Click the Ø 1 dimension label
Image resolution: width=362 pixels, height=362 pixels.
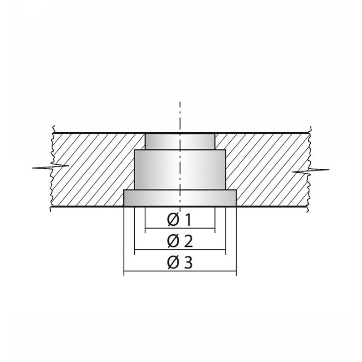pyautogui.click(x=179, y=220)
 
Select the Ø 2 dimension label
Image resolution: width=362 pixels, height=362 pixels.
pyautogui.click(x=180, y=241)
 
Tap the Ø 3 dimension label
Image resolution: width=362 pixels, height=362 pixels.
pyautogui.click(x=180, y=263)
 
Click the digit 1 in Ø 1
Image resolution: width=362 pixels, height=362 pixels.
pyautogui.click(x=188, y=220)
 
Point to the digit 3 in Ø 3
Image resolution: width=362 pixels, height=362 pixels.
pyautogui.click(x=189, y=263)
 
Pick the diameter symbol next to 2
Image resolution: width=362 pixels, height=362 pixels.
pyautogui.click(x=173, y=241)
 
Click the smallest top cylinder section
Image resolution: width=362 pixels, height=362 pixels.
pyautogui.click(x=180, y=141)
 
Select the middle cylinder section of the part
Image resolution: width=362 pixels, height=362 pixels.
pyautogui.click(x=180, y=170)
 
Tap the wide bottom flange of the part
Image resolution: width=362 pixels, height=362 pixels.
pyautogui.click(x=180, y=198)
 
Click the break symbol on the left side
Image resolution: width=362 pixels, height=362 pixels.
pyautogui.click(x=51, y=167)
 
